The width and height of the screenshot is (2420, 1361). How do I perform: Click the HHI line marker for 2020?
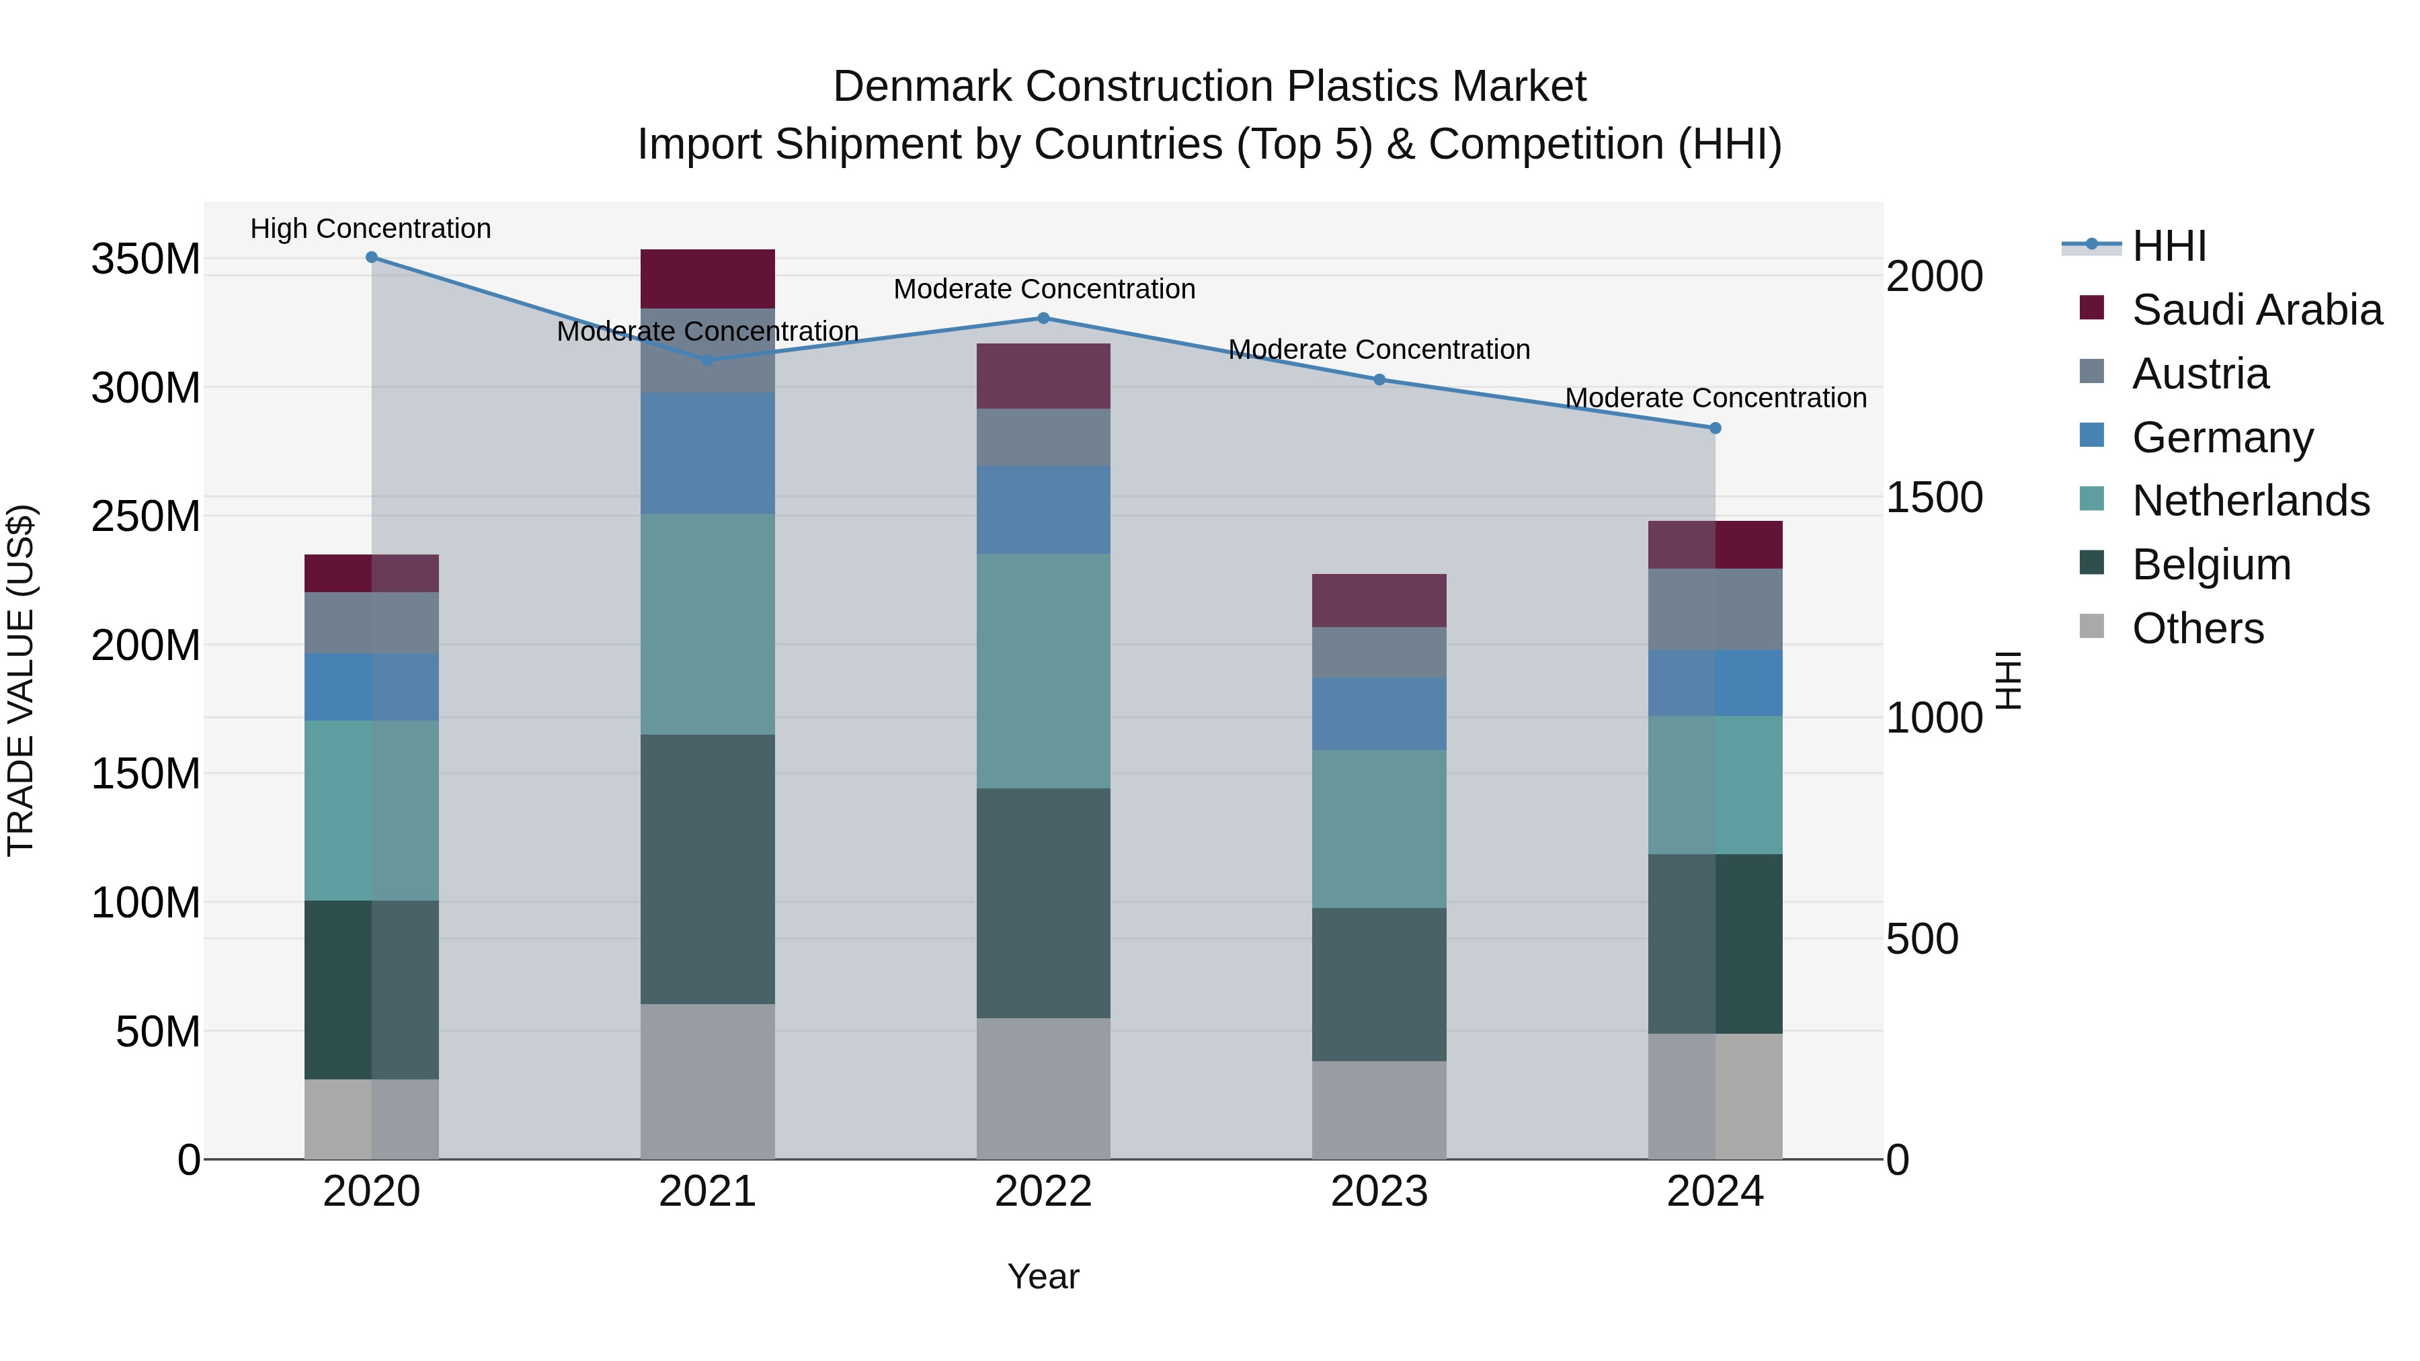click(x=371, y=257)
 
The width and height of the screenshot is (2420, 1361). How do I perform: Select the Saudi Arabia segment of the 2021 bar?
click(x=707, y=279)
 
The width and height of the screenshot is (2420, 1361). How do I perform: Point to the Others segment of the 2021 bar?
click(x=707, y=1081)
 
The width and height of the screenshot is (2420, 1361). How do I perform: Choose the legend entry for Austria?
click(x=2200, y=374)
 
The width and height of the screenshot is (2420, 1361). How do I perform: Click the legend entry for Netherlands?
click(x=2250, y=501)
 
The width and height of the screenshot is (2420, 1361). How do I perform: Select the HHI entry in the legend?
click(x=2168, y=246)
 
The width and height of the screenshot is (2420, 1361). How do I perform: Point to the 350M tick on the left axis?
click(x=146, y=259)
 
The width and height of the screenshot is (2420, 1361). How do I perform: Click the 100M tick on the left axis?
click(x=146, y=903)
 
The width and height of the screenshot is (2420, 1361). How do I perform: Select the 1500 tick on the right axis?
click(x=1934, y=498)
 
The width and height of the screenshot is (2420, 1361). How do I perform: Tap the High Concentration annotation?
click(x=370, y=229)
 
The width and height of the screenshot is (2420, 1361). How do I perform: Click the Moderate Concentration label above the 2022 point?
click(x=1044, y=289)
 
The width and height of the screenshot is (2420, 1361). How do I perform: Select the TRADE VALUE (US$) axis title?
click(x=21, y=680)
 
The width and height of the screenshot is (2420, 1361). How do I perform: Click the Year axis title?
click(x=1043, y=1278)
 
